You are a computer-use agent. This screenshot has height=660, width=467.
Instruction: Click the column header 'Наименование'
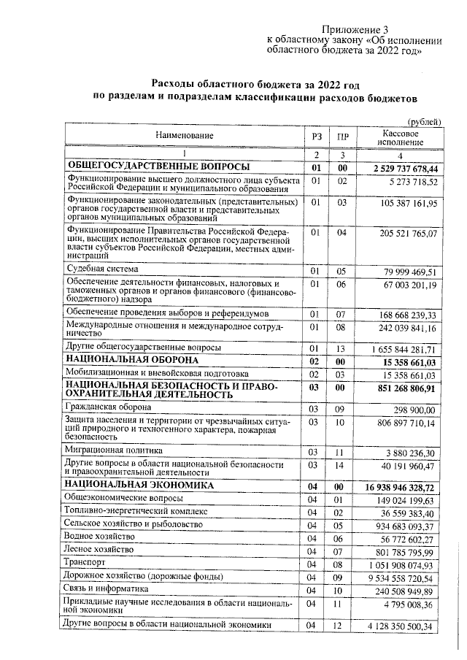pos(183,136)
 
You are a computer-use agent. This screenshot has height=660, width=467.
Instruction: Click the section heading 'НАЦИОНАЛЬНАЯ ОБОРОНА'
pos(132,361)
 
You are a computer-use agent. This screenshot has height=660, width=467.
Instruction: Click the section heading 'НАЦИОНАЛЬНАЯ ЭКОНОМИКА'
pos(139,485)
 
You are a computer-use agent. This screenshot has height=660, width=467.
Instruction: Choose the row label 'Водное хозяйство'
pos(101,537)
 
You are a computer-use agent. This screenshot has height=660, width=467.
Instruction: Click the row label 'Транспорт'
pos(85,564)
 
